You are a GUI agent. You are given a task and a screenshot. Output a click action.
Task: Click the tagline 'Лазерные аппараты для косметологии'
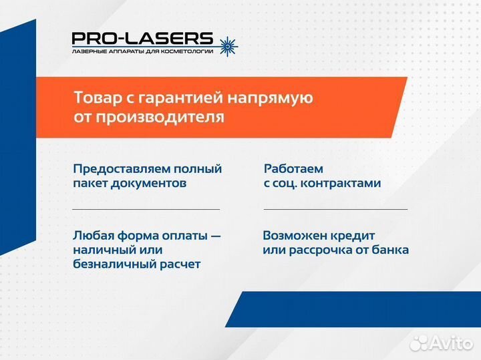coord(142,51)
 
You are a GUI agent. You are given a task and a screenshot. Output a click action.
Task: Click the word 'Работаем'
coord(293,169)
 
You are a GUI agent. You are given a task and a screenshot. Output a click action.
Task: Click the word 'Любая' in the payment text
coord(94,236)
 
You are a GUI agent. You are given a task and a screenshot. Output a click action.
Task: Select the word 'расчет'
coord(179,264)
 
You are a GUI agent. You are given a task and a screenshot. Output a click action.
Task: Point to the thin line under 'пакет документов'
coord(146,209)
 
